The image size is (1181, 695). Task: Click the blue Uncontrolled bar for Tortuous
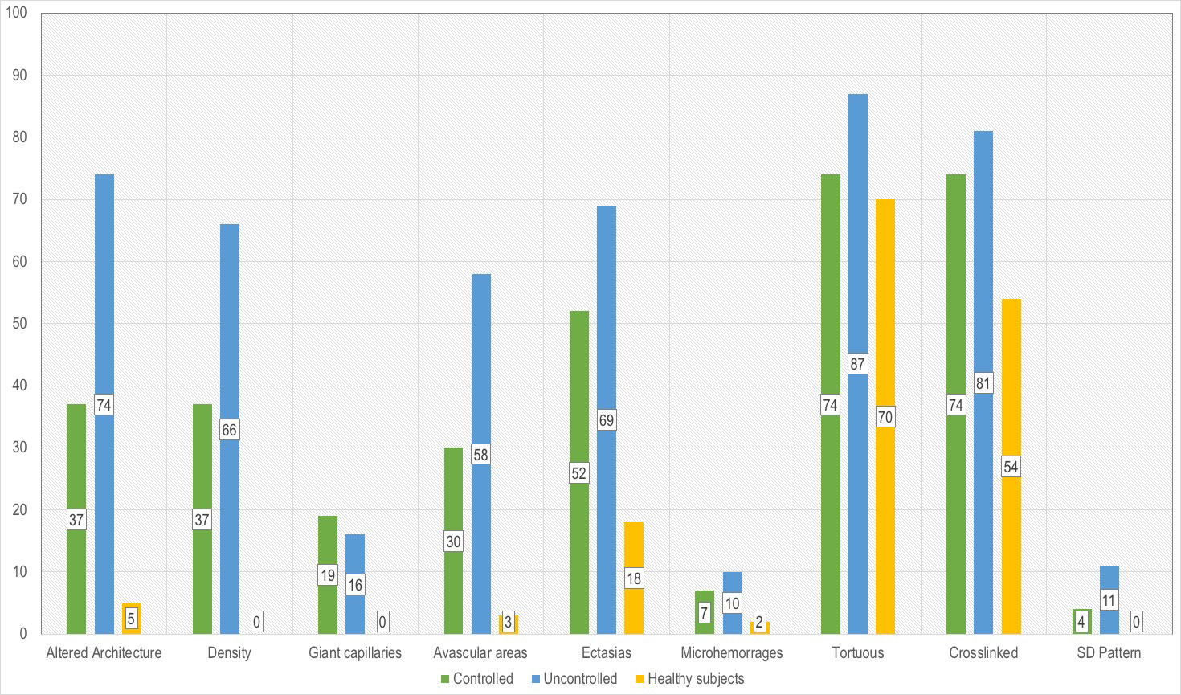pos(857,241)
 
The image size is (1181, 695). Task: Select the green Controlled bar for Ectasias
pos(578,386)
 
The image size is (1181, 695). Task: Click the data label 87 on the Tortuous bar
pos(857,364)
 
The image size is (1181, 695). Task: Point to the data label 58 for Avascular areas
pos(480,455)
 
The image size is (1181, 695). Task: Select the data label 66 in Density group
pos(229,430)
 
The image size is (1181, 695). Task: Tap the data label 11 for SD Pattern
pos(1109,600)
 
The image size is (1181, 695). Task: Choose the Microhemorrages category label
pos(731,652)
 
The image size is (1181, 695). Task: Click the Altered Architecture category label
pos(104,652)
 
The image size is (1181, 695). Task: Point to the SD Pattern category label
pos(1109,652)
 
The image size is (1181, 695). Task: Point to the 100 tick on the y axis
pos(17,13)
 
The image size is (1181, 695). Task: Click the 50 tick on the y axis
pos(19,323)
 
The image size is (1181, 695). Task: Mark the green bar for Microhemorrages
pos(704,595)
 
